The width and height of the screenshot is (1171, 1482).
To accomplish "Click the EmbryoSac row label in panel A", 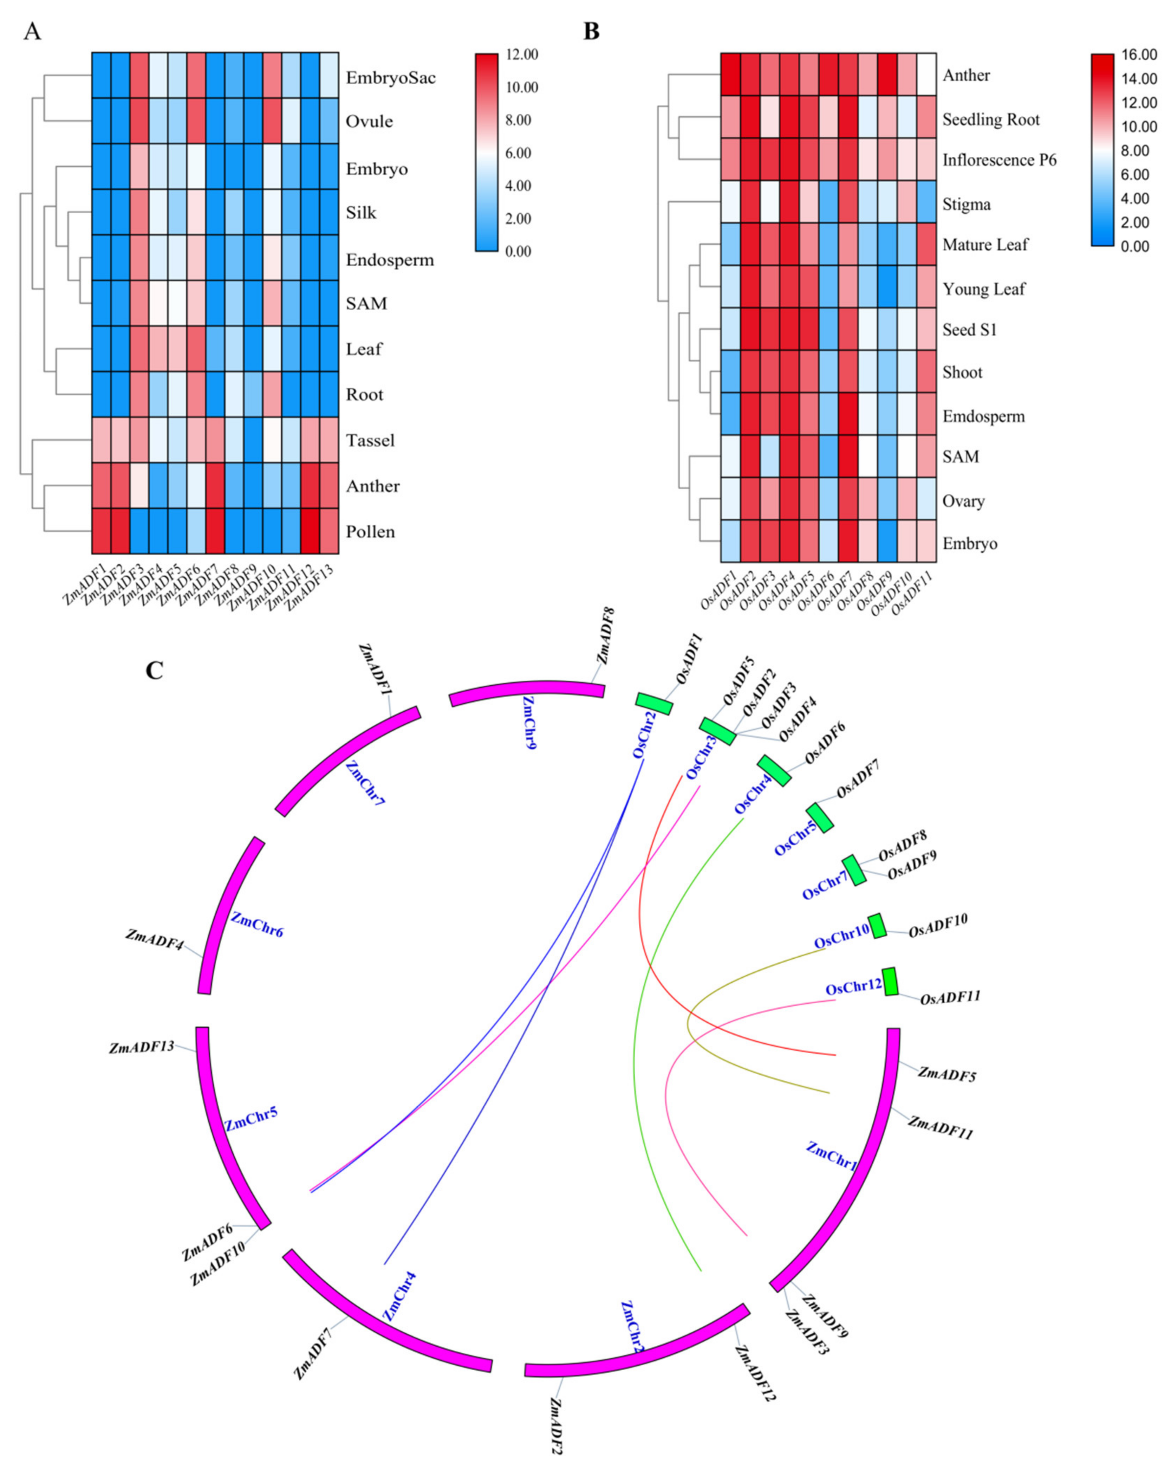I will tap(390, 78).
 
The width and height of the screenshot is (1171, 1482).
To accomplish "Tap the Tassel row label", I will tap(370, 440).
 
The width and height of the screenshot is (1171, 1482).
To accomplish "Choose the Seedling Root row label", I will tap(991, 120).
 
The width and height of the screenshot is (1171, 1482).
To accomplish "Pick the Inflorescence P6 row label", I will tap(999, 161).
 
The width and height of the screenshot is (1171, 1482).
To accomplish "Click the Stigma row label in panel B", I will tap(966, 205).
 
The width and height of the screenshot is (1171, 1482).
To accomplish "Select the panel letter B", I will tap(591, 31).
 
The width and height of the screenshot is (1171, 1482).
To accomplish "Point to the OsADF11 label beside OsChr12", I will tap(950, 997).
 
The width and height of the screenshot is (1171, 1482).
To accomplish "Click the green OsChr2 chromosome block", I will tap(653, 704).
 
